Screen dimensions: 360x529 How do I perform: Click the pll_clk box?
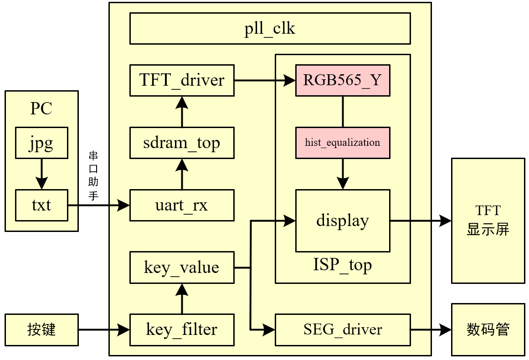(x=270, y=29)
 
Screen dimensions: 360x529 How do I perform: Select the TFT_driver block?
(x=182, y=80)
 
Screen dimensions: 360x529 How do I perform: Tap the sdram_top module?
(x=182, y=143)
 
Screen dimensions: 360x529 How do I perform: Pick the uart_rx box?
(x=182, y=205)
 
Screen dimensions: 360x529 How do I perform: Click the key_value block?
(x=182, y=267)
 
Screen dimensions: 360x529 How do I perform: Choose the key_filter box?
(x=182, y=329)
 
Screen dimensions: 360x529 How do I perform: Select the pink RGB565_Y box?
(x=343, y=80)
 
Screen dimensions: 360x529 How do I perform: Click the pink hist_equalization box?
(x=343, y=143)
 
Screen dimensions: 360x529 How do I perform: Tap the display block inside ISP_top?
(x=343, y=221)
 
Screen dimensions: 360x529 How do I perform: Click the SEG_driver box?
(x=343, y=329)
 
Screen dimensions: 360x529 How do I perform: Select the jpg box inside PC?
(x=41, y=143)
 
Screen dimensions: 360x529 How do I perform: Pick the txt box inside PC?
(x=41, y=205)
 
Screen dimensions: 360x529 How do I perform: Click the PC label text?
(x=41, y=108)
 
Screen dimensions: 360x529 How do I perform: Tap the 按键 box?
(x=41, y=329)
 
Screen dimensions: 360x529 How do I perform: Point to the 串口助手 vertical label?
(x=93, y=175)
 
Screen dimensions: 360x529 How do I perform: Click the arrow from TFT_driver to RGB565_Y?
(x=265, y=81)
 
